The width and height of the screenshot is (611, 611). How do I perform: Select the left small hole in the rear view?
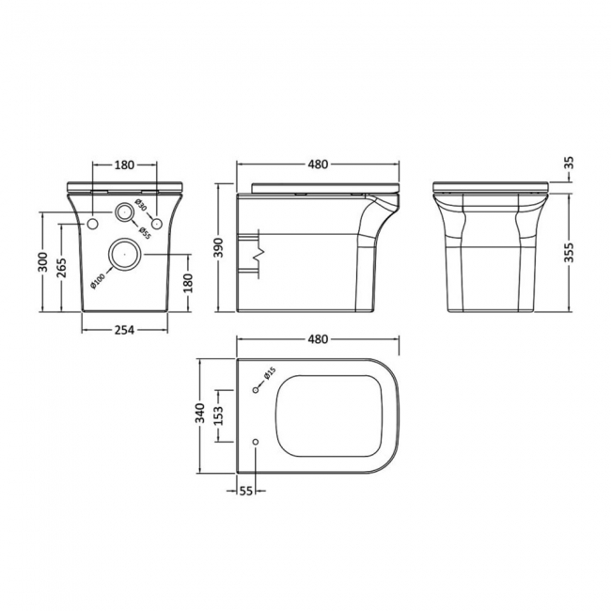tap(93, 224)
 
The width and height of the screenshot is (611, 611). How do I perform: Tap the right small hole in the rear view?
tap(157, 224)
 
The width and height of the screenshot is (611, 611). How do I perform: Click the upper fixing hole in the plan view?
tap(257, 388)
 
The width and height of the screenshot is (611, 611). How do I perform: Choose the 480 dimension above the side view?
tap(317, 165)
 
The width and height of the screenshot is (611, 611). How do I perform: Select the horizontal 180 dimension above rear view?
tap(124, 165)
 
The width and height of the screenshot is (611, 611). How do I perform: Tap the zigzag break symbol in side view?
tap(262, 252)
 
